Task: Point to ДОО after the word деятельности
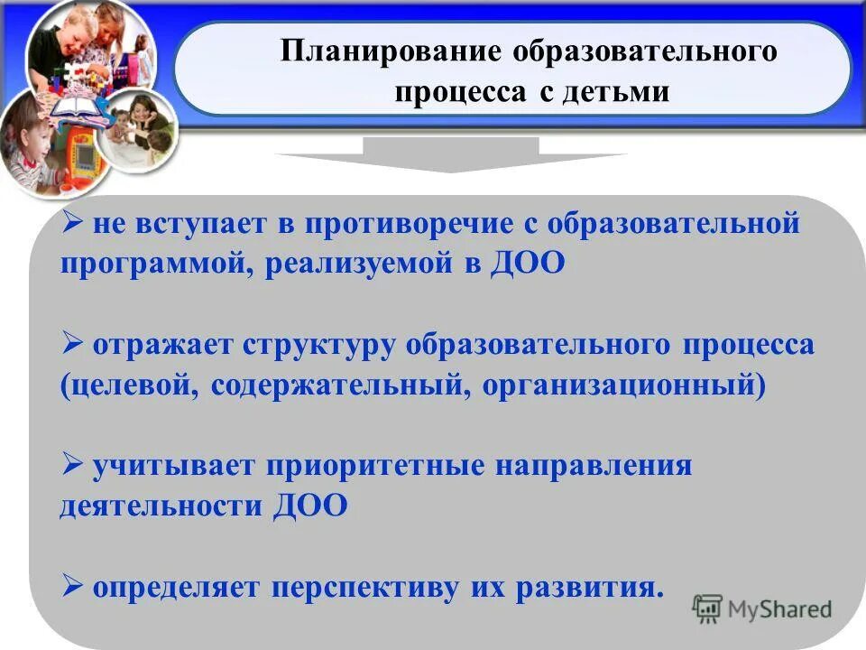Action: [309, 506]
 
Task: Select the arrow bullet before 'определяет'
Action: [74, 587]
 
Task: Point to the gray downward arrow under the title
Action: [451, 154]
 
